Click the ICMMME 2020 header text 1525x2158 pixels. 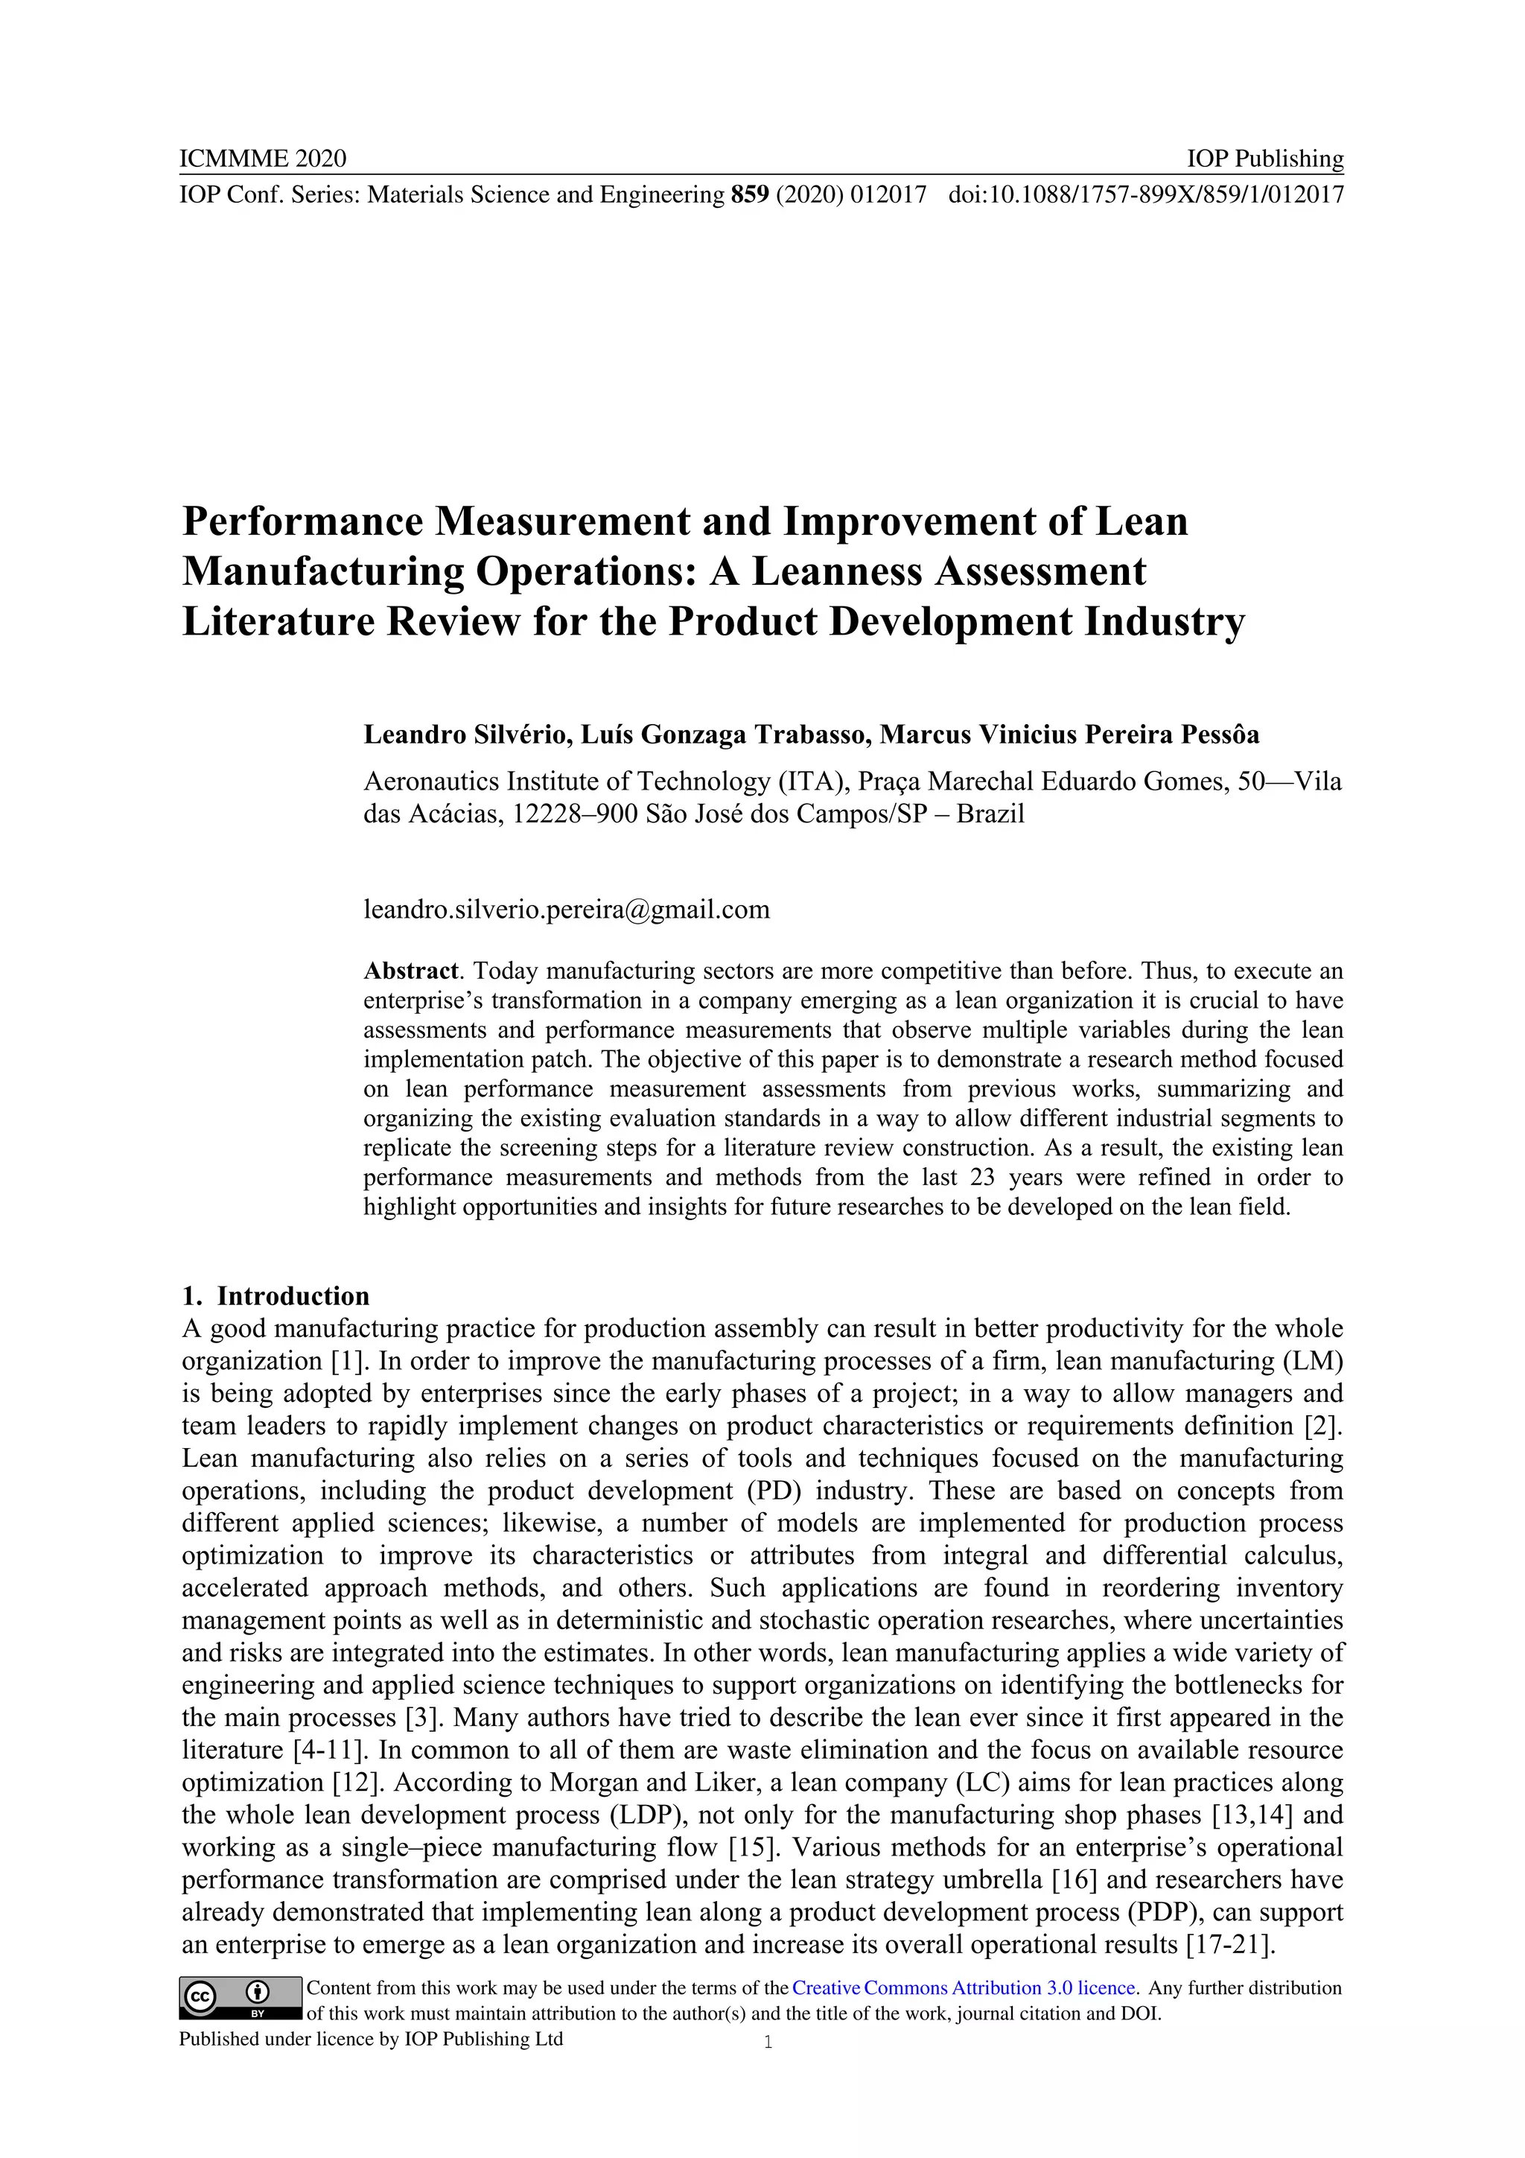click(262, 158)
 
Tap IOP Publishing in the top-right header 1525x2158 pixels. click(1264, 158)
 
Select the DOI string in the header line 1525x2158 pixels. click(1145, 194)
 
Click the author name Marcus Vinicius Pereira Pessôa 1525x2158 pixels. click(1069, 734)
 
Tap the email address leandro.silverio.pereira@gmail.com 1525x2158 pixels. click(567, 909)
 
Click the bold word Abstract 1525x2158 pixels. click(410, 970)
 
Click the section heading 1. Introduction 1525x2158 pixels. click(276, 1296)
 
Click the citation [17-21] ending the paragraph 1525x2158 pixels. click(1230, 1945)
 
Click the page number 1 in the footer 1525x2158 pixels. click(768, 2042)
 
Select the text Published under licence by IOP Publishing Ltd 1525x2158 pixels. click(371, 2039)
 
